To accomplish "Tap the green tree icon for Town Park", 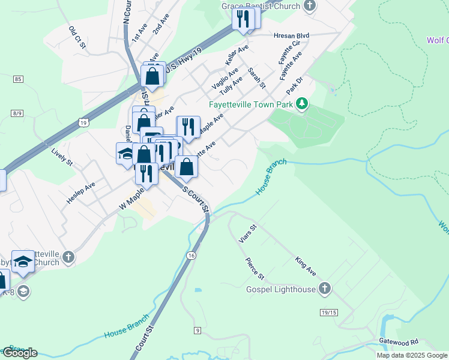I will pos(303,104).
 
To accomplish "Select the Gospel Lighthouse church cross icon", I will pos(325,289).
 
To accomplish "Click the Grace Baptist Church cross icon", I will pos(310,6).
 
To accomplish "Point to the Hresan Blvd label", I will pos(291,36).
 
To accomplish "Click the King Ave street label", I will pos(306,267).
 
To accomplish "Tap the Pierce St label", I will pos(255,268).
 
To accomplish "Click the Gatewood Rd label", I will pos(398,341).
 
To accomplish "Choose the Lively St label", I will pos(61,158).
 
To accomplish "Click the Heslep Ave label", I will pos(81,193).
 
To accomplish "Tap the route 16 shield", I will pos(191,256).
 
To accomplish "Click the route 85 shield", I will pos(18,79).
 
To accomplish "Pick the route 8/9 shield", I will pos(17,113).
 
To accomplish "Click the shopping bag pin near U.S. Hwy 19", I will pos(152,77).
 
